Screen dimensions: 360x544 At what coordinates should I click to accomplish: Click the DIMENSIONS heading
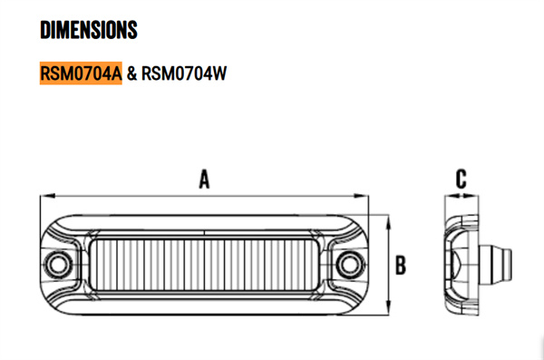click(89, 30)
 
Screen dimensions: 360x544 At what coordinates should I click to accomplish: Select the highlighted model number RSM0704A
click(81, 72)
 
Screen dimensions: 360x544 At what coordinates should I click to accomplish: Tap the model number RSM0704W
click(183, 72)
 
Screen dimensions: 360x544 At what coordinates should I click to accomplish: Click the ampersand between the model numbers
click(131, 72)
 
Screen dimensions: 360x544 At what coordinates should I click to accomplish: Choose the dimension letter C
click(461, 178)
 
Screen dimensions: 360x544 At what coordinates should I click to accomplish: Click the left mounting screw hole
click(61, 265)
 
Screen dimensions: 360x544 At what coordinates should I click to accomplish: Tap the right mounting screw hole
click(348, 265)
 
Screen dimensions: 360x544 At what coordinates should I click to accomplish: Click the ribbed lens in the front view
click(205, 265)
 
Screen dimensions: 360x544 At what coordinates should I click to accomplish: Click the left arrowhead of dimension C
click(446, 194)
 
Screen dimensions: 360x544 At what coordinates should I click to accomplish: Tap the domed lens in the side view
click(459, 265)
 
